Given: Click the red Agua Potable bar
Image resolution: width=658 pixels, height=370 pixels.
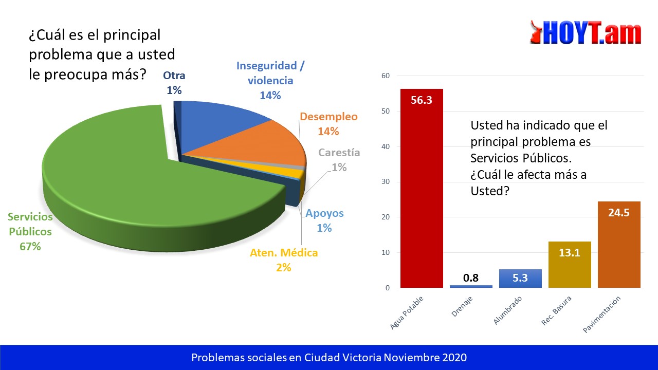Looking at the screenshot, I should pos(422,195).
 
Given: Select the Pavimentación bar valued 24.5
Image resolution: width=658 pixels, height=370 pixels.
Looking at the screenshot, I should pos(619,247).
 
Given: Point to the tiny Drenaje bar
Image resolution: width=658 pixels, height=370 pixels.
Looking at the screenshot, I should pos(471,286).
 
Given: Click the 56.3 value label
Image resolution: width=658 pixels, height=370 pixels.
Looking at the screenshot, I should pos(422,100).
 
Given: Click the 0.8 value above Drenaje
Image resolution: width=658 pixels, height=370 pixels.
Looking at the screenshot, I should pos(471,278).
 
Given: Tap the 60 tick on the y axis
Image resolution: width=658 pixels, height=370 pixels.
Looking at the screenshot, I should pos(386,76).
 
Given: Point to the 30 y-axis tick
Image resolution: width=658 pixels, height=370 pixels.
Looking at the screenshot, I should pos(386,182).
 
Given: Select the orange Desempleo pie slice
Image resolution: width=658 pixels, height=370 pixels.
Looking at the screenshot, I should pos(267,144).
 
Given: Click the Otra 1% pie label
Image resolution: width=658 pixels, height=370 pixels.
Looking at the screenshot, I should pos(174,83).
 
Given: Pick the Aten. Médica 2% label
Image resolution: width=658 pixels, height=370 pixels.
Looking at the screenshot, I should pos(284,260).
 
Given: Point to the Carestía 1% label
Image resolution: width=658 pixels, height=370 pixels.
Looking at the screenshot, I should pos(339,160).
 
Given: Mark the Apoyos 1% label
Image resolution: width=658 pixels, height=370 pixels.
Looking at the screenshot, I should pos(324,220).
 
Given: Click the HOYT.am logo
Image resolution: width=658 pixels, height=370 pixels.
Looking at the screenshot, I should pos(586,33).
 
